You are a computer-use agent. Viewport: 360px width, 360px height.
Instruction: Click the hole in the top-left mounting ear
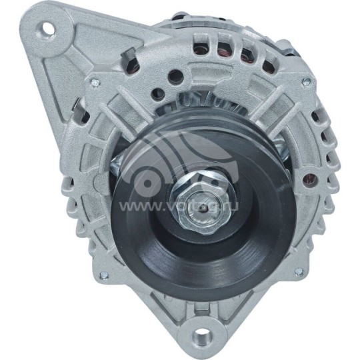coord(48,29)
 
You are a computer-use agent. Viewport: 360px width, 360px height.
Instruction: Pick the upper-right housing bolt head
coord(306,82)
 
